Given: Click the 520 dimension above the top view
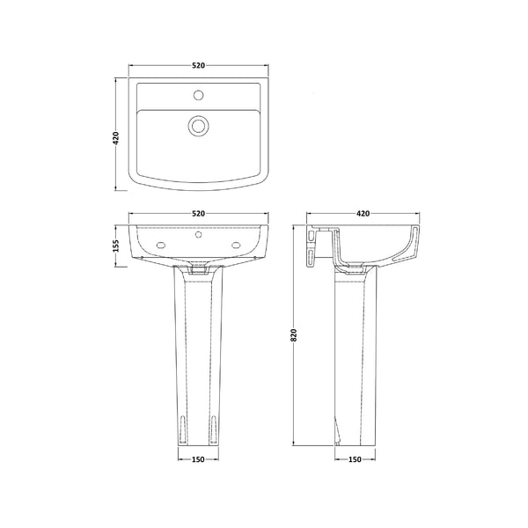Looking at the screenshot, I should (x=198, y=66).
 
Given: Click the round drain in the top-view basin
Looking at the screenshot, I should (x=198, y=126).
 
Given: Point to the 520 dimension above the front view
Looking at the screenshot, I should (x=198, y=214).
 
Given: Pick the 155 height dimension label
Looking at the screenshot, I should (x=115, y=246).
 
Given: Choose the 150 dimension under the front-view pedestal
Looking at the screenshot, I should (x=198, y=458).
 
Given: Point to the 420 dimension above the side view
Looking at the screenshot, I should (x=363, y=214).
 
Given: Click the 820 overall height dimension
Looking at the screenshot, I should (x=294, y=335).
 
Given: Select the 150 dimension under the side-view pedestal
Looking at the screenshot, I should (x=356, y=458).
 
